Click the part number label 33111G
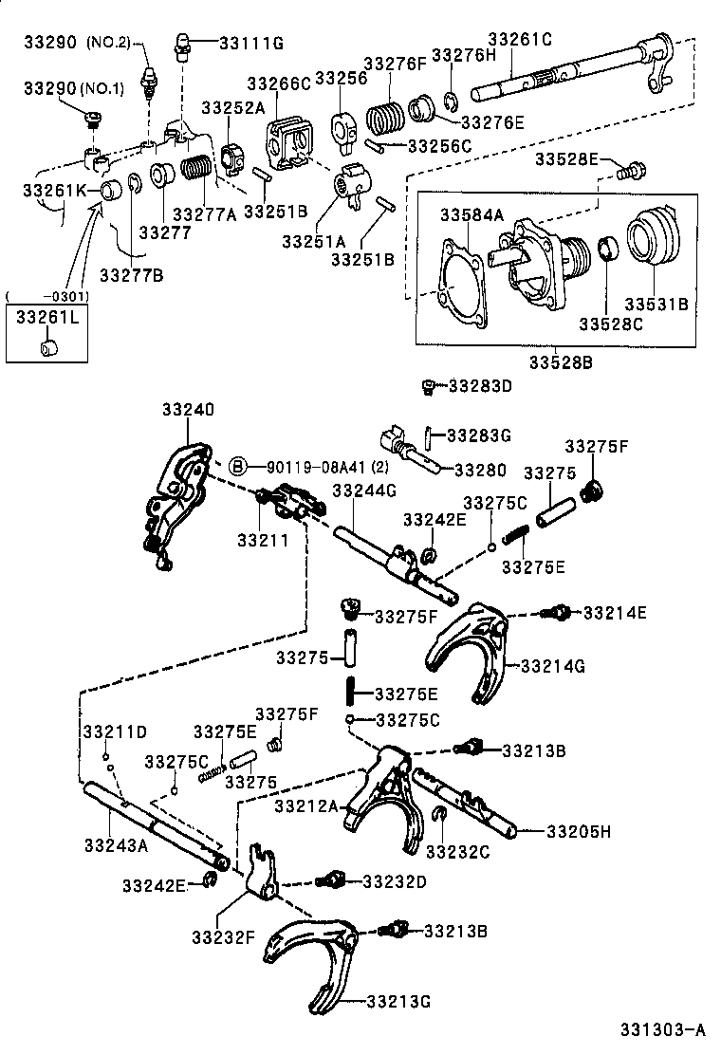pyautogui.click(x=251, y=43)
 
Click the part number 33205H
pyautogui.click(x=578, y=831)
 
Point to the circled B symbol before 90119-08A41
pyautogui.click(x=239, y=466)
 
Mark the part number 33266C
pyautogui.click(x=279, y=83)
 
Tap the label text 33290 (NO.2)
pyautogui.click(x=75, y=43)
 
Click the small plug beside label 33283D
pyautogui.click(x=429, y=385)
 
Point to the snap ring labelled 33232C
pyautogui.click(x=440, y=813)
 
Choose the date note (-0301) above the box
pyautogui.click(x=46, y=297)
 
